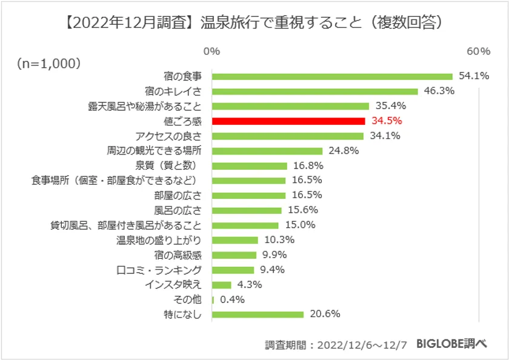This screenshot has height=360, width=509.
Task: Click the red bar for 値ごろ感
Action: (x=288, y=121)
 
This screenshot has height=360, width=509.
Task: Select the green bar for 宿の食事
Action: (x=333, y=76)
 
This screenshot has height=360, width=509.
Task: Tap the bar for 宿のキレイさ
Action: (x=315, y=92)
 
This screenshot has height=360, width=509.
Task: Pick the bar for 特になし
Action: (x=258, y=315)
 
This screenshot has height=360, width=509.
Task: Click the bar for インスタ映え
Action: (x=222, y=285)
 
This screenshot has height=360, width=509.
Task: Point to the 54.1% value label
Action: (x=474, y=76)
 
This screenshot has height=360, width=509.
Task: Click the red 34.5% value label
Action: (x=387, y=121)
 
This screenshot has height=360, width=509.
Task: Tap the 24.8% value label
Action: (x=344, y=151)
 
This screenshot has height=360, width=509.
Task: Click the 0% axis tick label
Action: (x=211, y=51)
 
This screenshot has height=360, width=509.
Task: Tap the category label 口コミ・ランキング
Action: (x=158, y=270)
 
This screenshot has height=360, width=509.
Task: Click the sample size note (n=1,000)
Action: (x=50, y=62)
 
